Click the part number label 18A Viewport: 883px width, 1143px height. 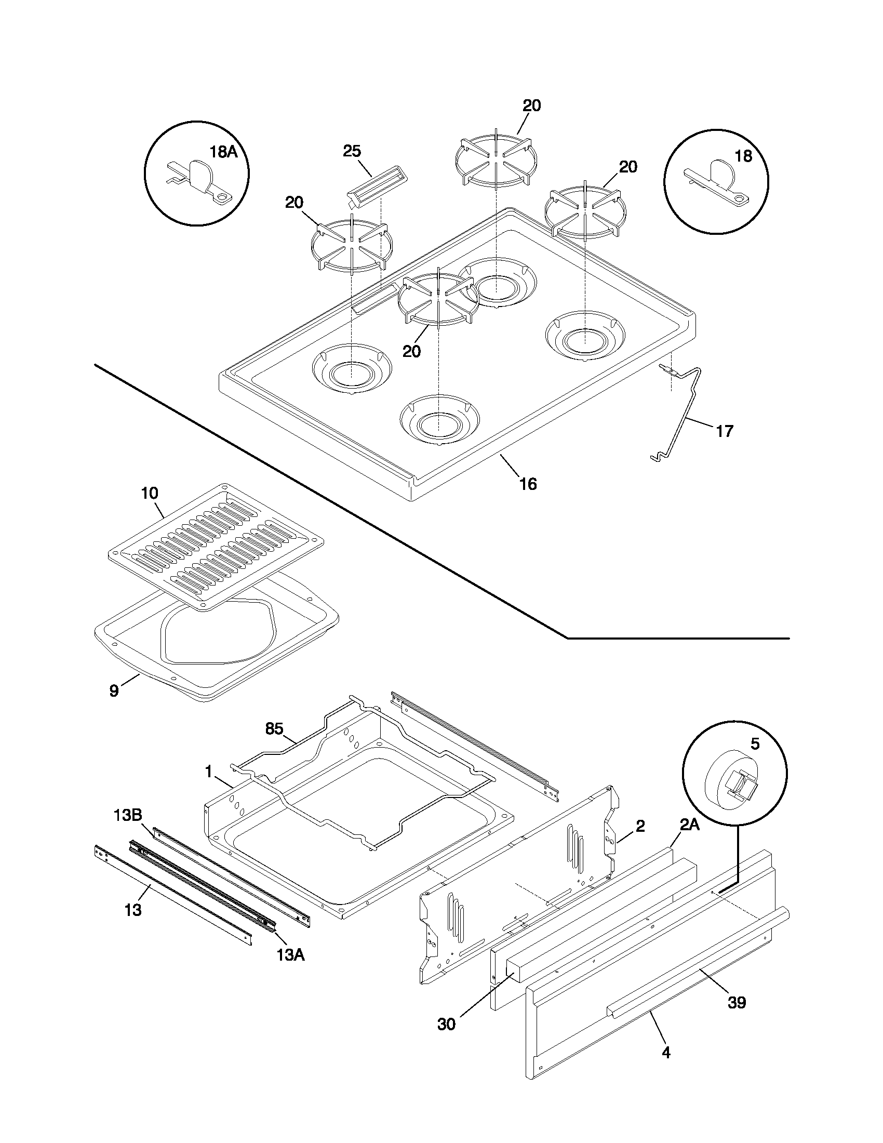point(223,152)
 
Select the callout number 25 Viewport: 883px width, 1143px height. point(352,151)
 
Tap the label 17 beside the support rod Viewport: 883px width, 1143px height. point(724,431)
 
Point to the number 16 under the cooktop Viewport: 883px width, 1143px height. point(528,484)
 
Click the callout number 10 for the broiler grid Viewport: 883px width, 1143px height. point(150,493)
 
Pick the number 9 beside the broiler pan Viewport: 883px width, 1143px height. point(114,690)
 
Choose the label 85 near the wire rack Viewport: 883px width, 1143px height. point(274,728)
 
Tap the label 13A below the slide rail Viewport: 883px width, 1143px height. point(290,955)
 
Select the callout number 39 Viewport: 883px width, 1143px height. point(737,1003)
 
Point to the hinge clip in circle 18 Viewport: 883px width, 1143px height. point(717,181)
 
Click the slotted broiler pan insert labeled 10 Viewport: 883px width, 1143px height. point(215,547)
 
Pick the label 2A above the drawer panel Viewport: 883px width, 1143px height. point(689,826)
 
